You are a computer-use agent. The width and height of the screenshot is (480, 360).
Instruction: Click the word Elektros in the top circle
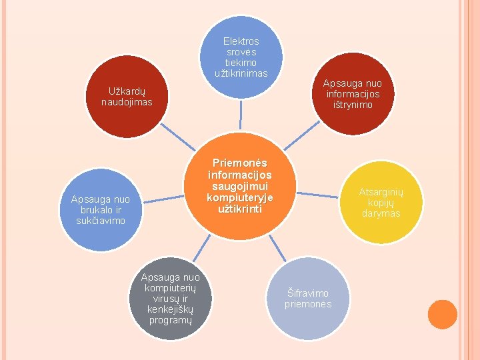(x=241, y=41)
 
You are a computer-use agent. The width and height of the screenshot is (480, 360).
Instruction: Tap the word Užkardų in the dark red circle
(x=127, y=91)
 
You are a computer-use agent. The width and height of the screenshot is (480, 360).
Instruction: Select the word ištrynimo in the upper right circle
(x=353, y=105)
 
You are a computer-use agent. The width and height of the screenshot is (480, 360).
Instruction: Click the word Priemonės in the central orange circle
(x=240, y=163)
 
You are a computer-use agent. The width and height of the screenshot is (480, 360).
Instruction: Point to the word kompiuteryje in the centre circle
(x=240, y=197)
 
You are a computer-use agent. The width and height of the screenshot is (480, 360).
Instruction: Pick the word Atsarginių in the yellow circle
(x=381, y=192)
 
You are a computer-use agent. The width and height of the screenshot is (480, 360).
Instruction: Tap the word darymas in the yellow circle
(x=381, y=213)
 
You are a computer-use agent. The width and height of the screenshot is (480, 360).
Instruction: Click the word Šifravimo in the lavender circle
(x=307, y=293)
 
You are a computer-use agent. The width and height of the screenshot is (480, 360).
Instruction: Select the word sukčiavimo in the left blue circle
(x=101, y=220)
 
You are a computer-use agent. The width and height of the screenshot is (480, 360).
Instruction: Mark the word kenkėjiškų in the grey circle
(x=170, y=309)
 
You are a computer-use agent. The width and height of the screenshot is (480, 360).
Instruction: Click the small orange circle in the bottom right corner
(x=442, y=315)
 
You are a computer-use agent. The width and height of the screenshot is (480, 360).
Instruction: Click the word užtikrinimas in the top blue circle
(x=241, y=73)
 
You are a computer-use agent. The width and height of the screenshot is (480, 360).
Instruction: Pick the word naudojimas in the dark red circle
(x=127, y=102)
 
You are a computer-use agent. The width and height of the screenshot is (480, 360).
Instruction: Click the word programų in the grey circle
(x=170, y=320)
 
